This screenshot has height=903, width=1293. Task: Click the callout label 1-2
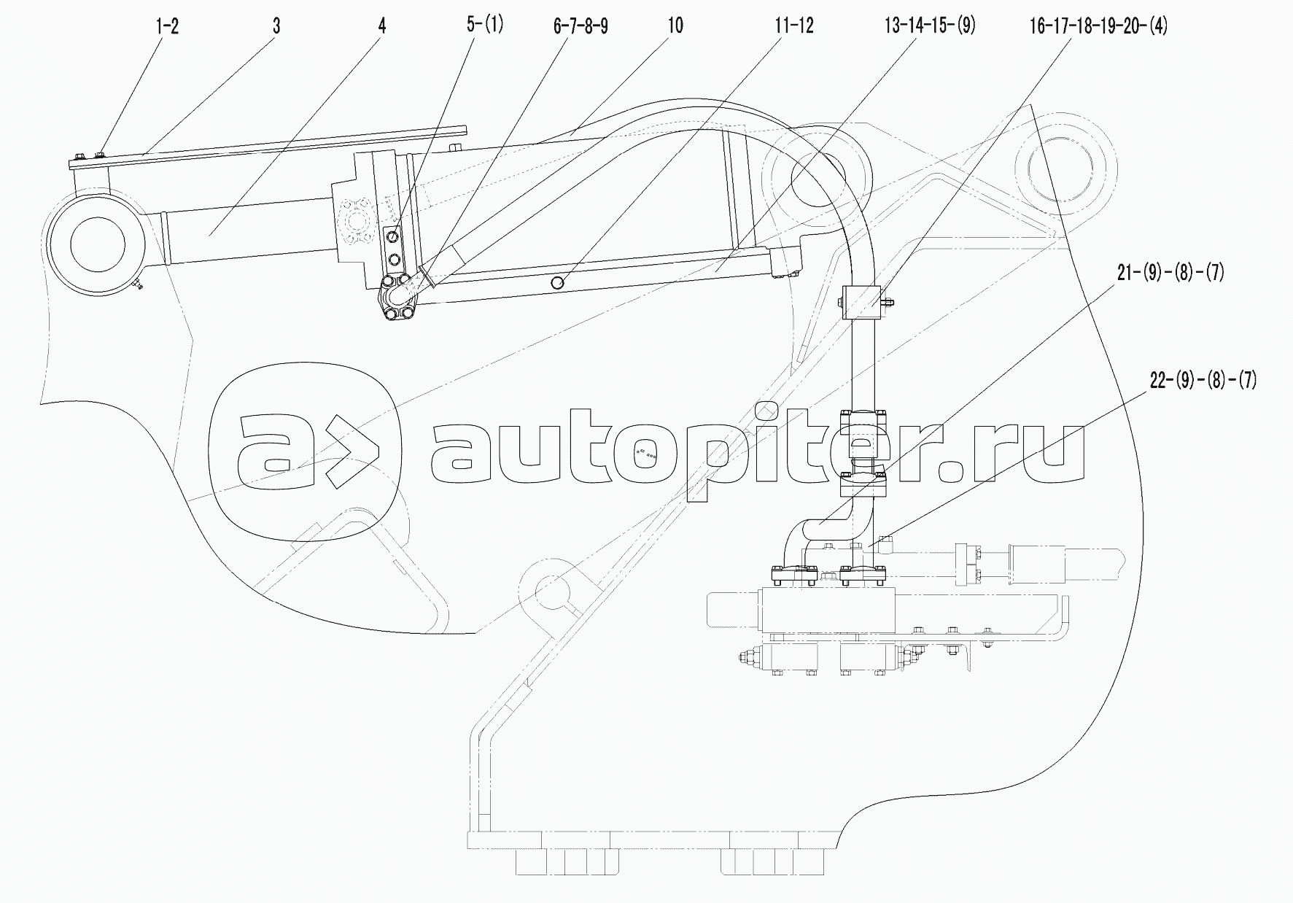click(167, 27)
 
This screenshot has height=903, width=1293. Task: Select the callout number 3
click(276, 27)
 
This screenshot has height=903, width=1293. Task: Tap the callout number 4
click(382, 27)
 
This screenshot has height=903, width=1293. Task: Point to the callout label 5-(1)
click(486, 26)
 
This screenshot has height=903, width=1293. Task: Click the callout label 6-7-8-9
click(581, 27)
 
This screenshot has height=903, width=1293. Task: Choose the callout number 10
click(675, 26)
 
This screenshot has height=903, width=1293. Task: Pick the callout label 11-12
click(793, 27)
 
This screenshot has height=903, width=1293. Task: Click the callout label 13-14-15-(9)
click(930, 27)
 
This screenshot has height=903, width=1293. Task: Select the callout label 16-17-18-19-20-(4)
click(1098, 27)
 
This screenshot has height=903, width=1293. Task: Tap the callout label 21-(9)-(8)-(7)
click(1170, 273)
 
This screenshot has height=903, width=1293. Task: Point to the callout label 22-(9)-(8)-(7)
click(1203, 380)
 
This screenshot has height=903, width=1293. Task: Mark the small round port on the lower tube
click(559, 283)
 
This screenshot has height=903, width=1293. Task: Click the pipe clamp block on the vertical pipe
click(865, 302)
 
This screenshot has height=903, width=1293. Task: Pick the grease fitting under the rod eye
click(138, 284)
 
